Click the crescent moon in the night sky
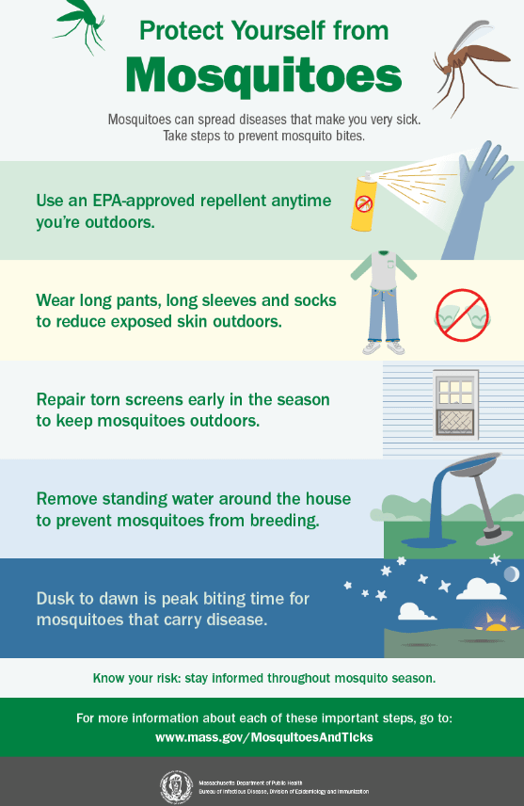tap(511, 575)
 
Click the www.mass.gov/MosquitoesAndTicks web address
tap(263, 737)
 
